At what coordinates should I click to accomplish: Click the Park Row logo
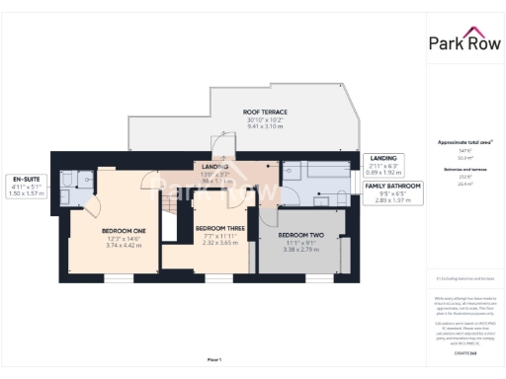[x=465, y=42]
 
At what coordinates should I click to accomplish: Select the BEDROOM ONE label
[x=124, y=231]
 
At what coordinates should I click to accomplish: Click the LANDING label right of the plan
[x=382, y=158]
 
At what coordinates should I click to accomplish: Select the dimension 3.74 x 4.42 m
[x=124, y=245]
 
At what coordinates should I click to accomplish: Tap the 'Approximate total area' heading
[x=464, y=142]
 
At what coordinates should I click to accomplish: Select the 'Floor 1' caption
[x=214, y=359]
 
